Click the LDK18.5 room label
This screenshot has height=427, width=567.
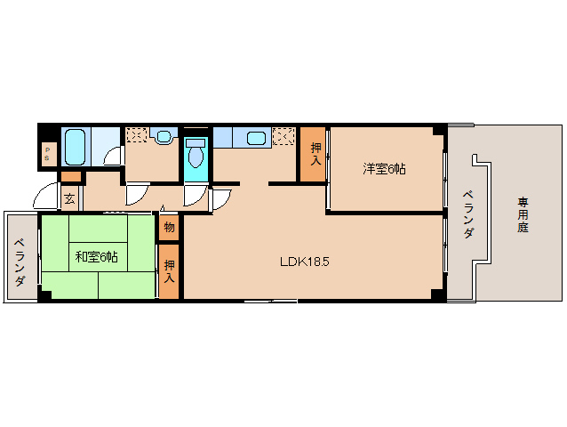pyautogui.click(x=305, y=262)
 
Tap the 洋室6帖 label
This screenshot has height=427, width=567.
pyautogui.click(x=383, y=168)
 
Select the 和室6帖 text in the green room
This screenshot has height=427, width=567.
pyautogui.click(x=97, y=257)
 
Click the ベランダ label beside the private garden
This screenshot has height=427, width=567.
pyautogui.click(x=466, y=214)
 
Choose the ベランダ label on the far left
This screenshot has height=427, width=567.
pyautogui.click(x=19, y=262)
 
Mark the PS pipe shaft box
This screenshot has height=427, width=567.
pyautogui.click(x=48, y=154)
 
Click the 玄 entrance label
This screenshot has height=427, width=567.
pyautogui.click(x=68, y=198)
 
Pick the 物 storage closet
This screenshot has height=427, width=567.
pyautogui.click(x=169, y=227)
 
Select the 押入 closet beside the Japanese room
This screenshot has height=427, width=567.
pyautogui.click(x=169, y=271)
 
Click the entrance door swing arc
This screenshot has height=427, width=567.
pyautogui.click(x=46, y=196)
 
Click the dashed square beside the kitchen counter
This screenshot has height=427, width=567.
pyautogui.click(x=284, y=136)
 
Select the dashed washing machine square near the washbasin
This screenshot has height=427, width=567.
pyautogui.click(x=136, y=136)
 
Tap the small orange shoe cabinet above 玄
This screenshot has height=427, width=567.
pyautogui.click(x=71, y=176)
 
